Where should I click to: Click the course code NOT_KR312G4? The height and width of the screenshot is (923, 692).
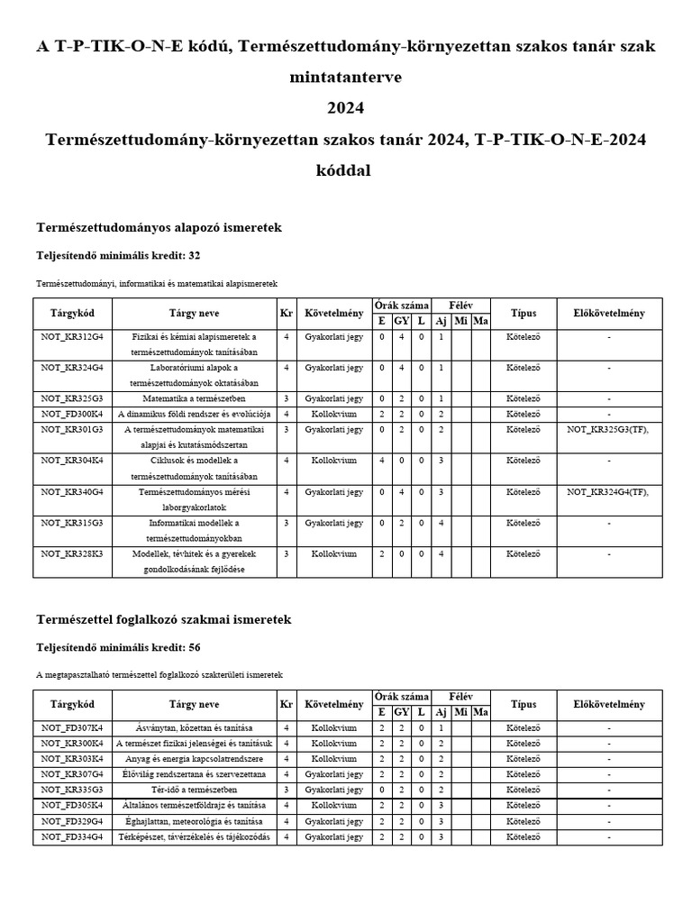click(x=72, y=336)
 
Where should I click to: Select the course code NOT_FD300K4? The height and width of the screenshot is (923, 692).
click(x=72, y=414)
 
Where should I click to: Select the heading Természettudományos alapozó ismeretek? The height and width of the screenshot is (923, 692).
click(x=159, y=228)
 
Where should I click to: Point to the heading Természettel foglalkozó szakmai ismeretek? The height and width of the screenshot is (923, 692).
click(x=163, y=620)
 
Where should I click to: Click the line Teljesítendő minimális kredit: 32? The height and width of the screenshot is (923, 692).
click(x=118, y=256)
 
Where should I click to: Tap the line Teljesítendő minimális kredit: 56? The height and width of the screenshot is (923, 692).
click(x=118, y=647)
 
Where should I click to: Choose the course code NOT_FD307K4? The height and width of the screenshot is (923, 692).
click(x=72, y=727)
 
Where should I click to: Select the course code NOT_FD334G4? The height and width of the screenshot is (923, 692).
click(x=72, y=836)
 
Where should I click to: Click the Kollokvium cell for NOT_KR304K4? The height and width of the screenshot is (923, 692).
click(x=333, y=461)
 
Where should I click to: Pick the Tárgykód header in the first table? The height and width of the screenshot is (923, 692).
click(x=72, y=314)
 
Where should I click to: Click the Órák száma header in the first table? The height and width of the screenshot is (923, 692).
click(x=401, y=306)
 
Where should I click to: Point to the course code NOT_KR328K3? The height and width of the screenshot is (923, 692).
click(x=72, y=554)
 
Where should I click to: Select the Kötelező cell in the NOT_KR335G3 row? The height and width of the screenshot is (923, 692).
click(x=523, y=790)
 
